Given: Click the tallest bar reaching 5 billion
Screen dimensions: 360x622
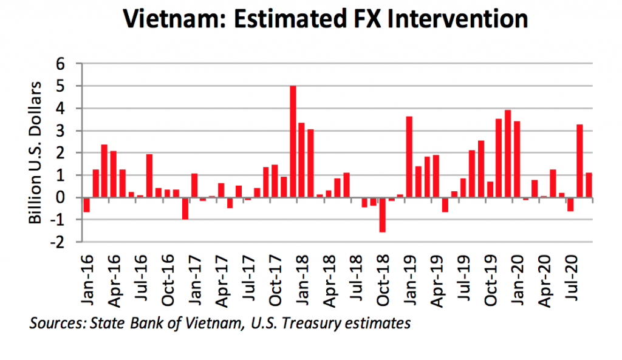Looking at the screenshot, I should tap(293, 141).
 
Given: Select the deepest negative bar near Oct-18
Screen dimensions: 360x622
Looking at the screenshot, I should tap(382, 215).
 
